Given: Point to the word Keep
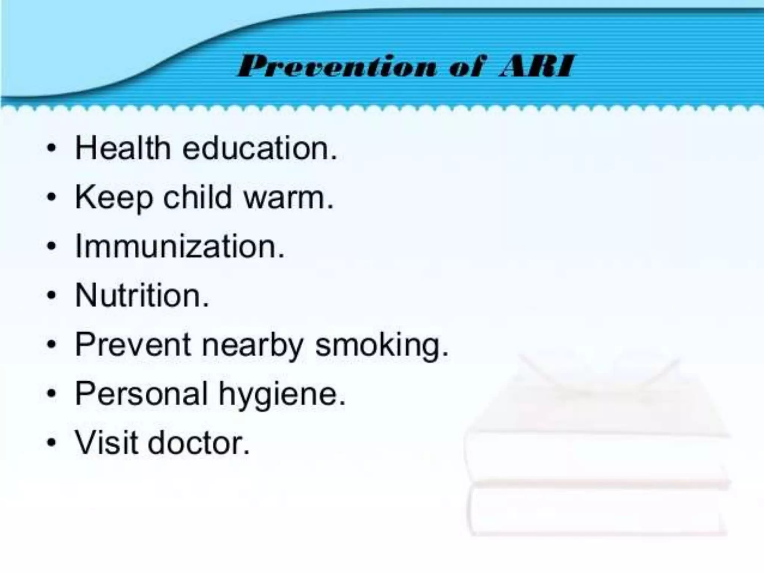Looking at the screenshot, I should click(114, 198).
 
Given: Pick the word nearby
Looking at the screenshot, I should click(253, 345).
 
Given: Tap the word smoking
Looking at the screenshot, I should click(382, 345).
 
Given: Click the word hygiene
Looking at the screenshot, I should click(282, 395).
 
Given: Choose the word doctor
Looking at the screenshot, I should click(198, 443).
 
